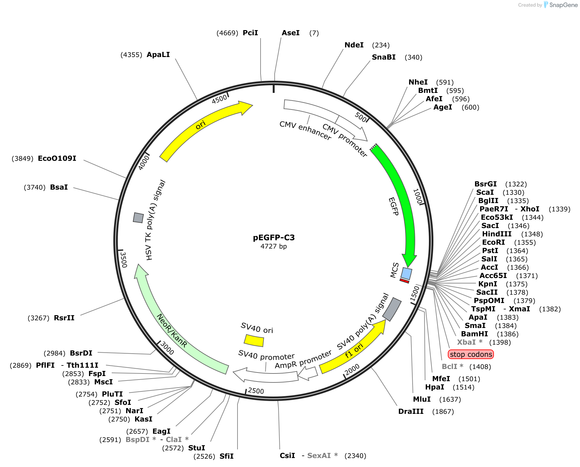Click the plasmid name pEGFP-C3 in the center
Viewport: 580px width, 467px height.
(274, 238)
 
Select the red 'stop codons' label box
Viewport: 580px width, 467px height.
(471, 354)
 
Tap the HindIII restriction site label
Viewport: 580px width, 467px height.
(497, 234)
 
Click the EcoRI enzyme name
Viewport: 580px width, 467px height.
(493, 242)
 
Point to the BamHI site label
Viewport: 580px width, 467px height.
(474, 334)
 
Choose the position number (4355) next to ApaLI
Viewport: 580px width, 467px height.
(131, 55)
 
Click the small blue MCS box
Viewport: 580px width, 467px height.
(407, 274)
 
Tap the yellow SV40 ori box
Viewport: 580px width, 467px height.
(254, 340)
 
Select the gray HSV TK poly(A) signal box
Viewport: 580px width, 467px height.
(138, 217)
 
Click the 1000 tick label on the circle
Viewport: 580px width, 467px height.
(418, 196)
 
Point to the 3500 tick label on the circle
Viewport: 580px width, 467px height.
(123, 259)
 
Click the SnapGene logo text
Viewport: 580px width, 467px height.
(563, 5)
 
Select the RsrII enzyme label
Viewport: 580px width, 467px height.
(64, 318)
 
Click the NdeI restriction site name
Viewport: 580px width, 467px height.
(354, 45)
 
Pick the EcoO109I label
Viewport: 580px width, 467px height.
(57, 159)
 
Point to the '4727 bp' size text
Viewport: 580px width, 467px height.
(274, 246)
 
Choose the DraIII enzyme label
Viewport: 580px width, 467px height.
(411, 412)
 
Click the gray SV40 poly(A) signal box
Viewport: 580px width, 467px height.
(392, 309)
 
